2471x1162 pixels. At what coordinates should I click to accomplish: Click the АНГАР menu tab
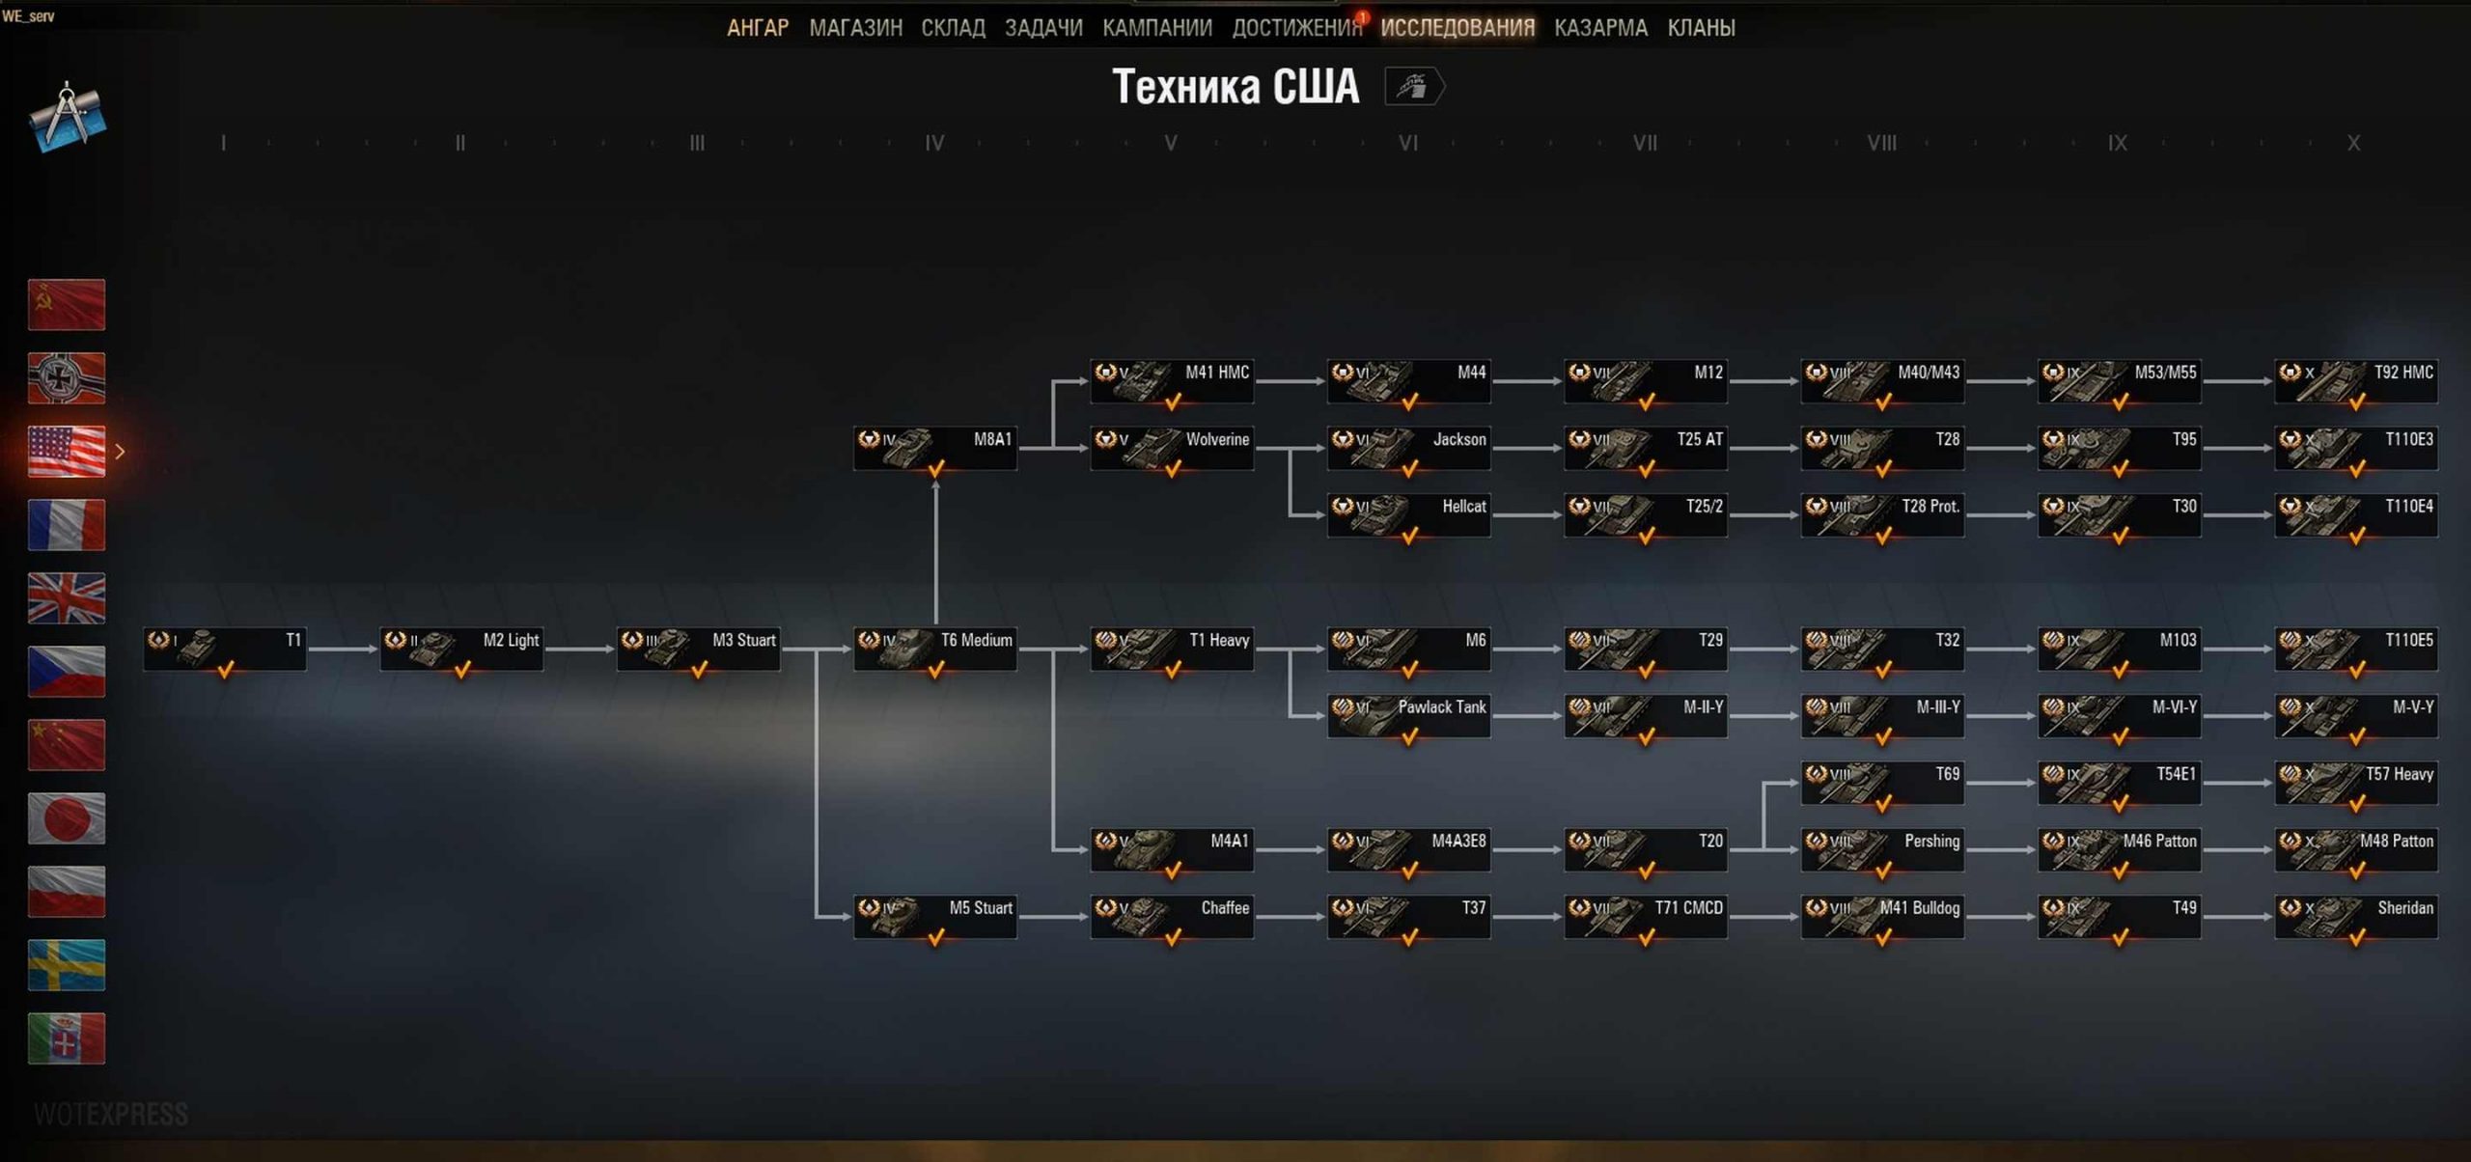758,28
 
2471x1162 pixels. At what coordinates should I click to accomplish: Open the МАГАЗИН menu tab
856,28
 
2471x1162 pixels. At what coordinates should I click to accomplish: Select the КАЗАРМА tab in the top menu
1600,28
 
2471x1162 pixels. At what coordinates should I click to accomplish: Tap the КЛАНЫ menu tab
1701,28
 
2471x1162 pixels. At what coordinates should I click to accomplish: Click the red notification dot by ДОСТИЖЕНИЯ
1362,16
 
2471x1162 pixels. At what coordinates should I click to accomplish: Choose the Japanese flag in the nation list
67,817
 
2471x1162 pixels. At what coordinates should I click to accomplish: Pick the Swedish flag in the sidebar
67,964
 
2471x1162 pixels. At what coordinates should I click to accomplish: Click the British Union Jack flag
67,597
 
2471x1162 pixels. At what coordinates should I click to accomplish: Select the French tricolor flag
67,524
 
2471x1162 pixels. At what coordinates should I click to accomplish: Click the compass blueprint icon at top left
67,117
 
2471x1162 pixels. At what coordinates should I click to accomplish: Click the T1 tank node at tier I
225,649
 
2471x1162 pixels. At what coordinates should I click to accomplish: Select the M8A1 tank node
935,448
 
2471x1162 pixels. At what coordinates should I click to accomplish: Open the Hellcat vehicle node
1409,514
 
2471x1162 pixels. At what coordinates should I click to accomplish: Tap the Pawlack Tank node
1409,715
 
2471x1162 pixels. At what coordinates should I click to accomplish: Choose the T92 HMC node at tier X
2356,380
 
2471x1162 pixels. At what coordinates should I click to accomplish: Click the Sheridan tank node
2356,916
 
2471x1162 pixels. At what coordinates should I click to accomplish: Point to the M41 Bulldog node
1882,916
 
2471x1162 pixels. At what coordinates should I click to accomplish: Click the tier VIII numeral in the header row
1881,143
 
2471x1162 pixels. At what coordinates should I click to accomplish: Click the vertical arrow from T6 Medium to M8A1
935,553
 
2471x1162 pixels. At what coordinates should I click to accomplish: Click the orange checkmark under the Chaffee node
1173,936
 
